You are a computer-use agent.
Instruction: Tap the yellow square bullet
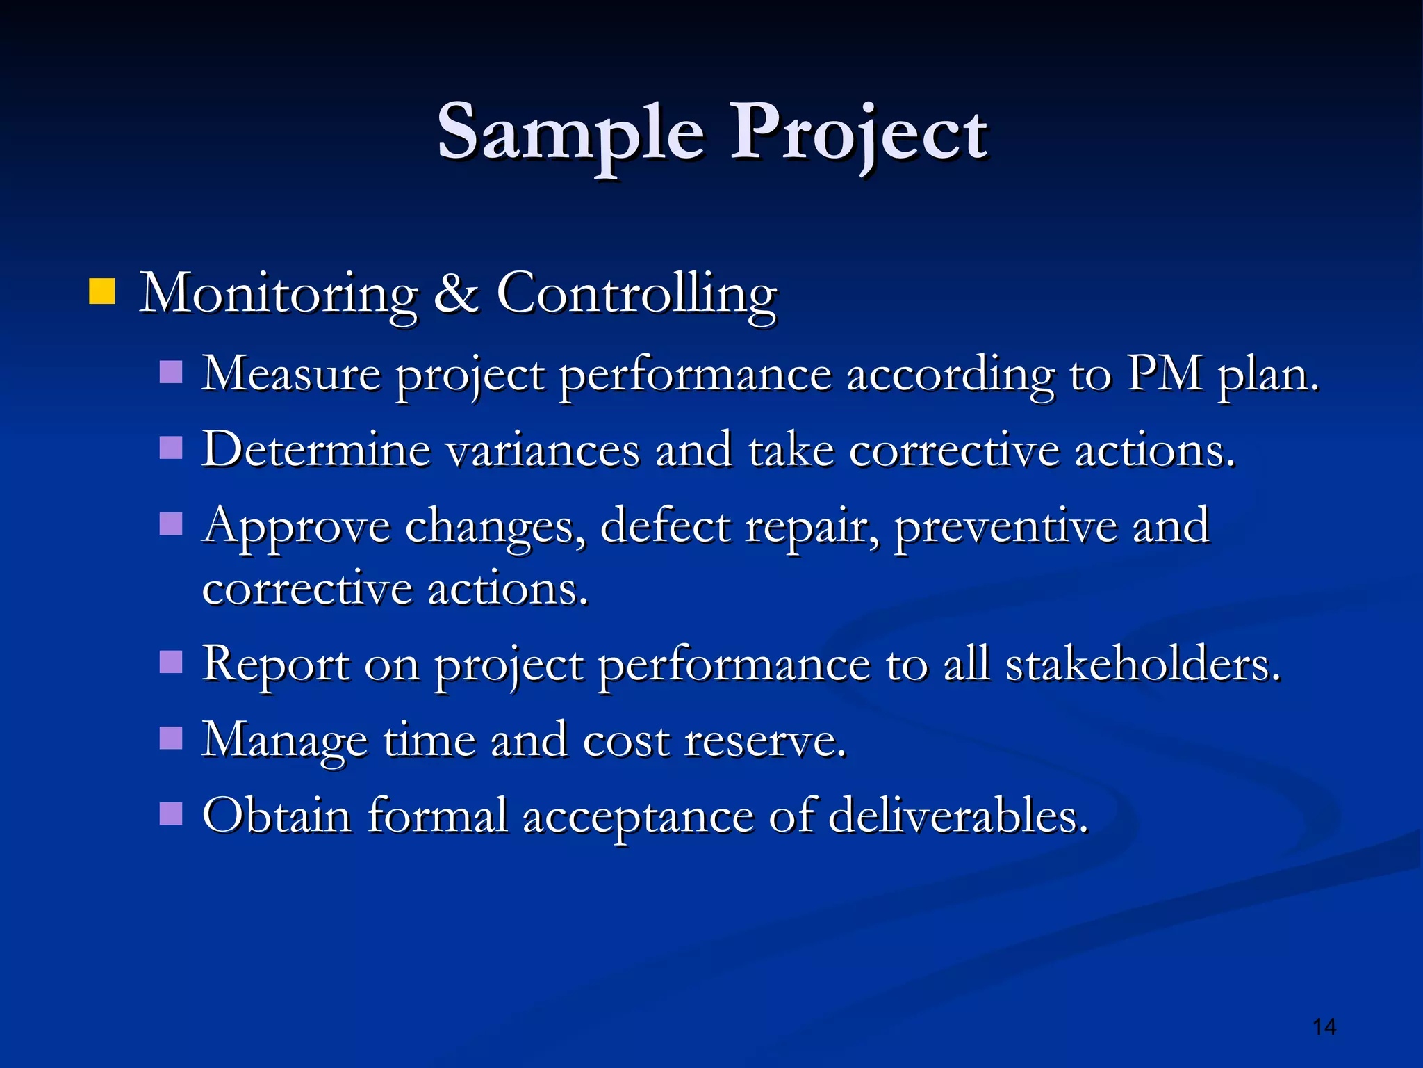[101, 292]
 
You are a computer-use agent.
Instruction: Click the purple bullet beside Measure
[171, 372]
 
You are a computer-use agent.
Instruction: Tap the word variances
[542, 451]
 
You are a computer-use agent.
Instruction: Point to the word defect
[665, 526]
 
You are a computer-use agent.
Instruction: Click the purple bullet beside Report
[171, 662]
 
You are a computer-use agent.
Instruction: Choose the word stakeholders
[1142, 664]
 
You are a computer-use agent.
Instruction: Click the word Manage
[284, 741]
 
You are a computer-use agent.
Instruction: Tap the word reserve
[764, 741]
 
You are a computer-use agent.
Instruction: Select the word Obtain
[277, 815]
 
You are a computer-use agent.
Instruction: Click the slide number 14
[1324, 1027]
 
